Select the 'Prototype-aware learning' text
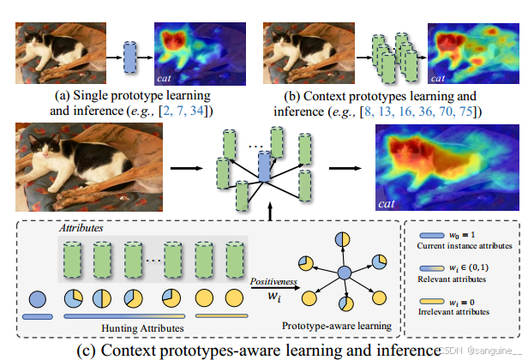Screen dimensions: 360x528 pyautogui.click(x=338, y=327)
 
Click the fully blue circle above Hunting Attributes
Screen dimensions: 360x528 pyautogui.click(x=39, y=301)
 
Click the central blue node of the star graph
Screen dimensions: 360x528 pyautogui.click(x=345, y=273)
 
